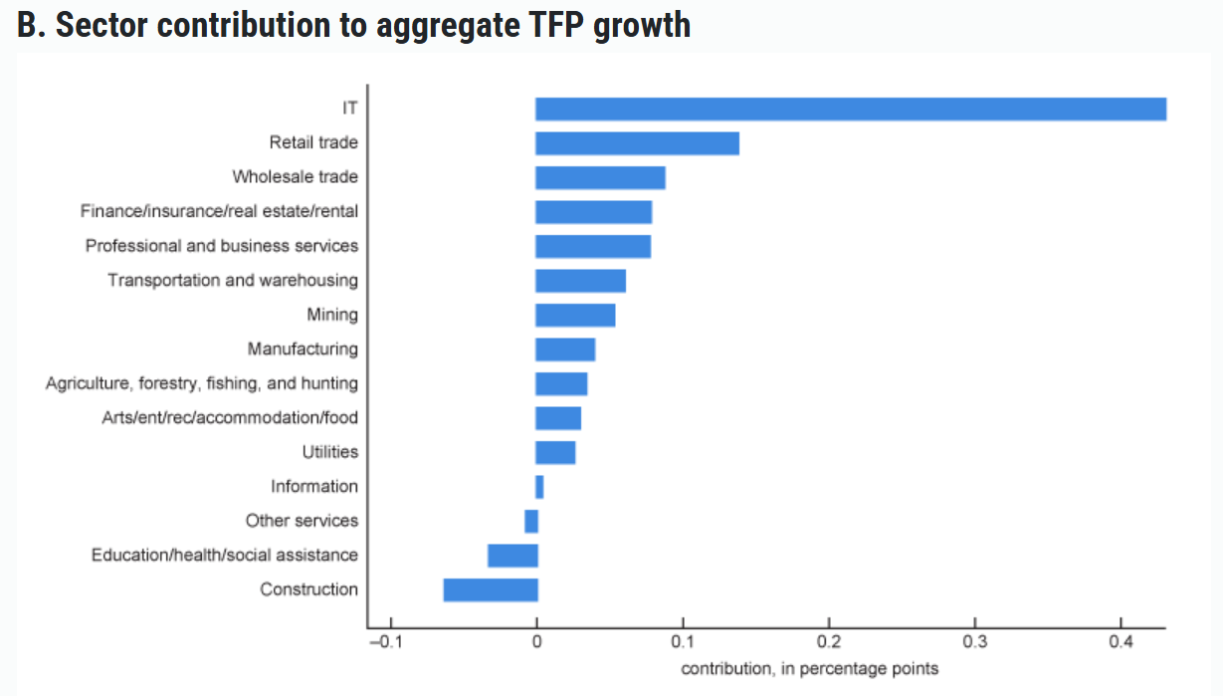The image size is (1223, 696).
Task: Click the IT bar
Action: tap(851, 109)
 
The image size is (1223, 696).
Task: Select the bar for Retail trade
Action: tap(637, 143)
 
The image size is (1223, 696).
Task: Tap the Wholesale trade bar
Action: tap(600, 177)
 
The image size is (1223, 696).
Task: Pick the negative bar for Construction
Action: tap(491, 589)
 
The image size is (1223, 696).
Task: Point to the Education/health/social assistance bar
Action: tap(512, 555)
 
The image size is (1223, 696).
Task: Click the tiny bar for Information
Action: tap(539, 486)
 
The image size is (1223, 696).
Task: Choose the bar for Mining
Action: tap(575, 315)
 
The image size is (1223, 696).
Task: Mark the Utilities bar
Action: tap(555, 452)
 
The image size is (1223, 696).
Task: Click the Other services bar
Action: tap(531, 521)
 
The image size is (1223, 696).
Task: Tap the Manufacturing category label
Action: tap(303, 348)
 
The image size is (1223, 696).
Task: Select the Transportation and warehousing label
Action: tap(233, 280)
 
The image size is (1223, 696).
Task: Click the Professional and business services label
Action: tap(221, 245)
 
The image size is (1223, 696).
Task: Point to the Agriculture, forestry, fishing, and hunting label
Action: tap(202, 383)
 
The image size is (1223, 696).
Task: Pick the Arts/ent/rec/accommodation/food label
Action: tap(230, 417)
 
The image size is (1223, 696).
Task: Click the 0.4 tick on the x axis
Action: tap(1121, 641)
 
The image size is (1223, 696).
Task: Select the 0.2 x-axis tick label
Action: tap(829, 641)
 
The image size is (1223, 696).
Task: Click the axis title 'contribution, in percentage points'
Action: tap(809, 668)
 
